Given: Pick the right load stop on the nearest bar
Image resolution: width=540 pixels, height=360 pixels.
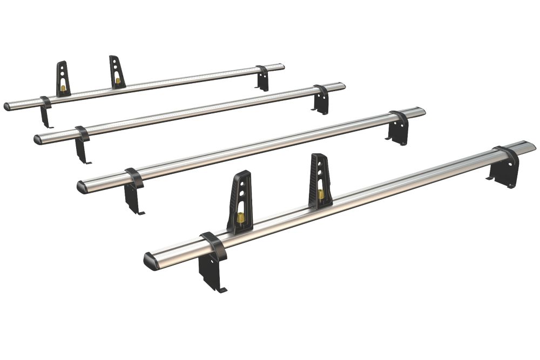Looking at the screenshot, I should point(320,181).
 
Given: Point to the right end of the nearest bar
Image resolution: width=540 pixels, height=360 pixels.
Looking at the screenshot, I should point(529,146).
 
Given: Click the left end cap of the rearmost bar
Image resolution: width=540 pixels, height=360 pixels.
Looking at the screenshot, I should point(8,107).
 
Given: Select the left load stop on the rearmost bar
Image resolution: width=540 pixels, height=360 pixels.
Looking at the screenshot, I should point(63,79).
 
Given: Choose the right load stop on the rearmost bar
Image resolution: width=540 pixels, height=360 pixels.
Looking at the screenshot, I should point(117,72).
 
